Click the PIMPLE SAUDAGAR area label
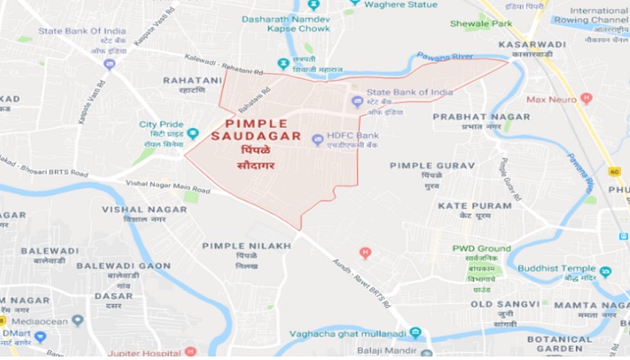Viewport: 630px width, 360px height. [x=256, y=129]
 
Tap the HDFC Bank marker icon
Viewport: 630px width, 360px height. [x=317, y=139]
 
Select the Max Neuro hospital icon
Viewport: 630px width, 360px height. [x=586, y=98]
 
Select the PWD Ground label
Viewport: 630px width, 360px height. [x=481, y=247]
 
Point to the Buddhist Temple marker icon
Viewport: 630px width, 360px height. [x=604, y=269]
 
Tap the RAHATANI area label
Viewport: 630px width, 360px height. [x=191, y=79]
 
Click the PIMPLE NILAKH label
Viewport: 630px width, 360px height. [x=246, y=245]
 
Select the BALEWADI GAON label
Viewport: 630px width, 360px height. [x=122, y=265]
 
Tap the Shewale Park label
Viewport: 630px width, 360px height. [x=468, y=24]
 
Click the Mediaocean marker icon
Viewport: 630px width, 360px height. [x=78, y=319]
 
